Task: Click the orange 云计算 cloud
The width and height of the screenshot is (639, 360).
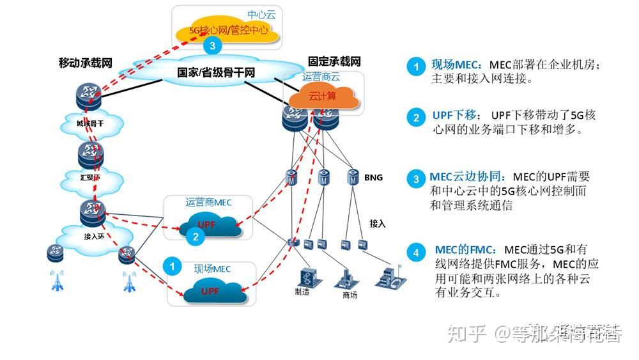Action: coord(322,97)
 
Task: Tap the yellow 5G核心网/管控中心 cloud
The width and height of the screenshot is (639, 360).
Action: coord(229,30)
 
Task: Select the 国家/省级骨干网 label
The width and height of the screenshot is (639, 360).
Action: coord(216,73)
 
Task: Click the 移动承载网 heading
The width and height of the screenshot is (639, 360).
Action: coord(85,63)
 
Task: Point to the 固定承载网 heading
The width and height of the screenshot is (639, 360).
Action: coord(334,61)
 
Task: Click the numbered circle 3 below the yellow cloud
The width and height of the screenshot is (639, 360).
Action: coord(213,45)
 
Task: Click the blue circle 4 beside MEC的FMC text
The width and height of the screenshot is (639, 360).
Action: coord(416,253)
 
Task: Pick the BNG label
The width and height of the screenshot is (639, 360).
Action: coord(373,177)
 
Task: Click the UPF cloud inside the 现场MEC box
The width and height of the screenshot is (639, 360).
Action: coord(213,292)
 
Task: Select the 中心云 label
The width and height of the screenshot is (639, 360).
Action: coord(261,14)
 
